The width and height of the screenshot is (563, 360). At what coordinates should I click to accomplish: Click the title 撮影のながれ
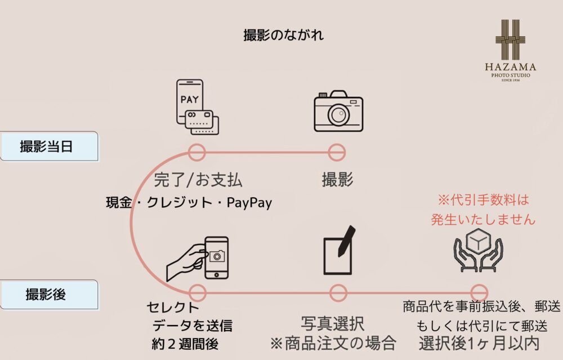(283, 35)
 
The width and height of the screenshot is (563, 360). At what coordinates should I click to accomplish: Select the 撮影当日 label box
(49, 146)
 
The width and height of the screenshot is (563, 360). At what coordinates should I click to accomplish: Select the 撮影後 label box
(49, 295)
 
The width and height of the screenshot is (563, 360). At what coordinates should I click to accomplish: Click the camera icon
(338, 112)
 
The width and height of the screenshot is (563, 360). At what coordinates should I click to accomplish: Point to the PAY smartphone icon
(197, 106)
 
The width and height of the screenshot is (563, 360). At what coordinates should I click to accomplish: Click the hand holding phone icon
(197, 258)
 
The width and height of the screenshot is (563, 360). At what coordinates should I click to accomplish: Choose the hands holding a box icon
(478, 250)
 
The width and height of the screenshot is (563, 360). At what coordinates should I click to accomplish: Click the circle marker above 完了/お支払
(196, 152)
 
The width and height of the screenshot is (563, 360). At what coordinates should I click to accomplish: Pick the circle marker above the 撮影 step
(337, 152)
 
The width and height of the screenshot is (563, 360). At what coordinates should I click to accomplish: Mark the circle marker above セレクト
(198, 293)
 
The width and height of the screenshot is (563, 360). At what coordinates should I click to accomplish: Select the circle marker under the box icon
(479, 293)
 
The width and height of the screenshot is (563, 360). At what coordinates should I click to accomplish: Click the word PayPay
(249, 203)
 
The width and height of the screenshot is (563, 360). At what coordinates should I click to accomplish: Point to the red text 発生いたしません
(483, 220)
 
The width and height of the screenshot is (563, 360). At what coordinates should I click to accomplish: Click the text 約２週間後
(185, 344)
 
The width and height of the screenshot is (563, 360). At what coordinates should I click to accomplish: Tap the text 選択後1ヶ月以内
(479, 343)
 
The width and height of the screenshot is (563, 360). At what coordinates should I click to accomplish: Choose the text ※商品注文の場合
(333, 343)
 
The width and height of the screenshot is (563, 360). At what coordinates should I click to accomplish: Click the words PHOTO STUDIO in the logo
(511, 75)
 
